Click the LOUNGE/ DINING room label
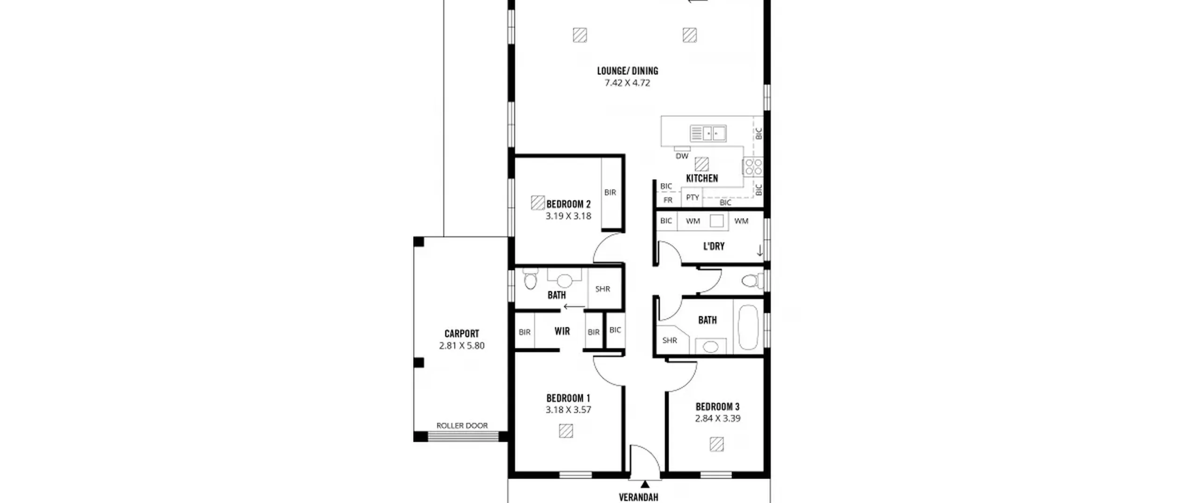coord(628,71)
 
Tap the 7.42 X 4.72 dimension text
coord(628,83)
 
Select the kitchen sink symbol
coord(708,133)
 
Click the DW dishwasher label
coord(682,156)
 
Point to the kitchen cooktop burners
coord(753,167)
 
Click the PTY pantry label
coord(693,197)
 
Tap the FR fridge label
coord(668,200)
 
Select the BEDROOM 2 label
coord(569,204)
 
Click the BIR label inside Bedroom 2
coord(610,192)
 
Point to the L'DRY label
coord(714,246)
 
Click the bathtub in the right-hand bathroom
coord(748,328)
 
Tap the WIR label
coord(562,331)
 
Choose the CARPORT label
coord(462,334)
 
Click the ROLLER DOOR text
coord(462,426)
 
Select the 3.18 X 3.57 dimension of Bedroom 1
coord(568,410)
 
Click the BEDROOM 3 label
coord(717,407)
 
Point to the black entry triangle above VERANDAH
coord(645,484)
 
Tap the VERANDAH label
coord(638,497)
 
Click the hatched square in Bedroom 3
coord(716,444)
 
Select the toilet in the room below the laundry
coord(751,281)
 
